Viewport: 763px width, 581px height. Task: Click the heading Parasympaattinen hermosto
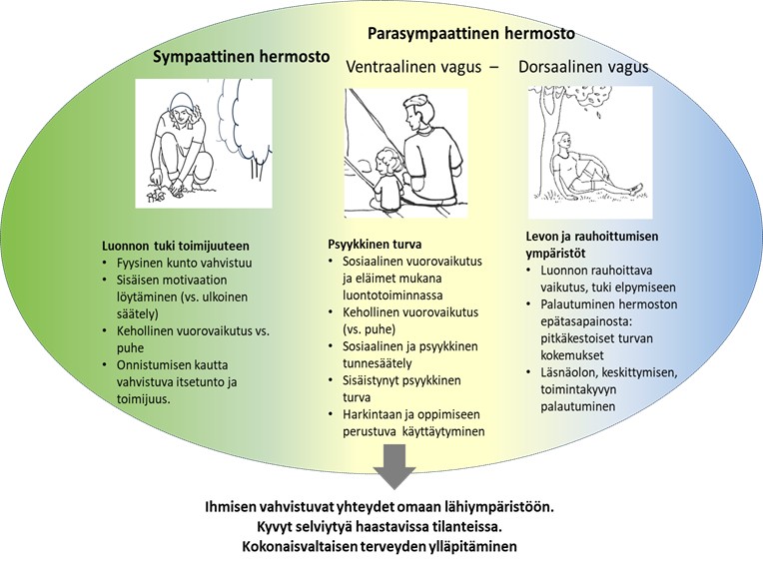[471, 33]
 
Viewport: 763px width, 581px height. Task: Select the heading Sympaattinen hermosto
[241, 58]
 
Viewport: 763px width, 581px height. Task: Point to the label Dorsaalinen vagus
[583, 67]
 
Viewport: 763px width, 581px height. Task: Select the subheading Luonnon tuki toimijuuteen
[175, 246]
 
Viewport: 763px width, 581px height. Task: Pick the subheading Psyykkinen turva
[374, 243]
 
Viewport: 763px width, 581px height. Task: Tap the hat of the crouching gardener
[180, 102]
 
